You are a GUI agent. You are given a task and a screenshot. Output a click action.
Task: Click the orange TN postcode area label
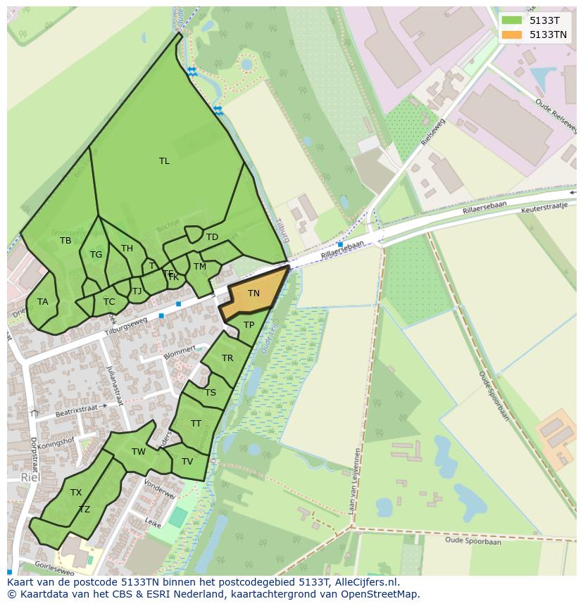coord(253,293)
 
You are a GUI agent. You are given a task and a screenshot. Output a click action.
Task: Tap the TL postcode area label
coord(164,161)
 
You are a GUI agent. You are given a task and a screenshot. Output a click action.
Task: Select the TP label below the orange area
coord(249,324)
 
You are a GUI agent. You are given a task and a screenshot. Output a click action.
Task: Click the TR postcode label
coord(227,358)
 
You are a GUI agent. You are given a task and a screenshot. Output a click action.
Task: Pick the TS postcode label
coord(211,393)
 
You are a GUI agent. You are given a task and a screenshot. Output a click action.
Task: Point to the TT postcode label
coord(196,424)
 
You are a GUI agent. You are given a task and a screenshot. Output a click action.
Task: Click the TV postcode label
coord(187,462)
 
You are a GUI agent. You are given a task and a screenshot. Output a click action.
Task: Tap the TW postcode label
coord(139,452)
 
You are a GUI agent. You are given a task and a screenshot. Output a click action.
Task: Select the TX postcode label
coord(76,493)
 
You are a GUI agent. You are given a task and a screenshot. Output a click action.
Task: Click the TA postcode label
coord(43,302)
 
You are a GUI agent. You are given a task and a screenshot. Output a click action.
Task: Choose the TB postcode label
coord(65,241)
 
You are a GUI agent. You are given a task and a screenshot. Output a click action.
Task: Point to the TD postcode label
coord(212,237)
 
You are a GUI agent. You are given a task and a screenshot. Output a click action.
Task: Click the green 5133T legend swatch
coord(512,20)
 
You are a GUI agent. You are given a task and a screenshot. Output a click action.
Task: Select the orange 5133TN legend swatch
coord(512,34)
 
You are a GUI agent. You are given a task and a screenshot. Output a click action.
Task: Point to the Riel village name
coord(30,477)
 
